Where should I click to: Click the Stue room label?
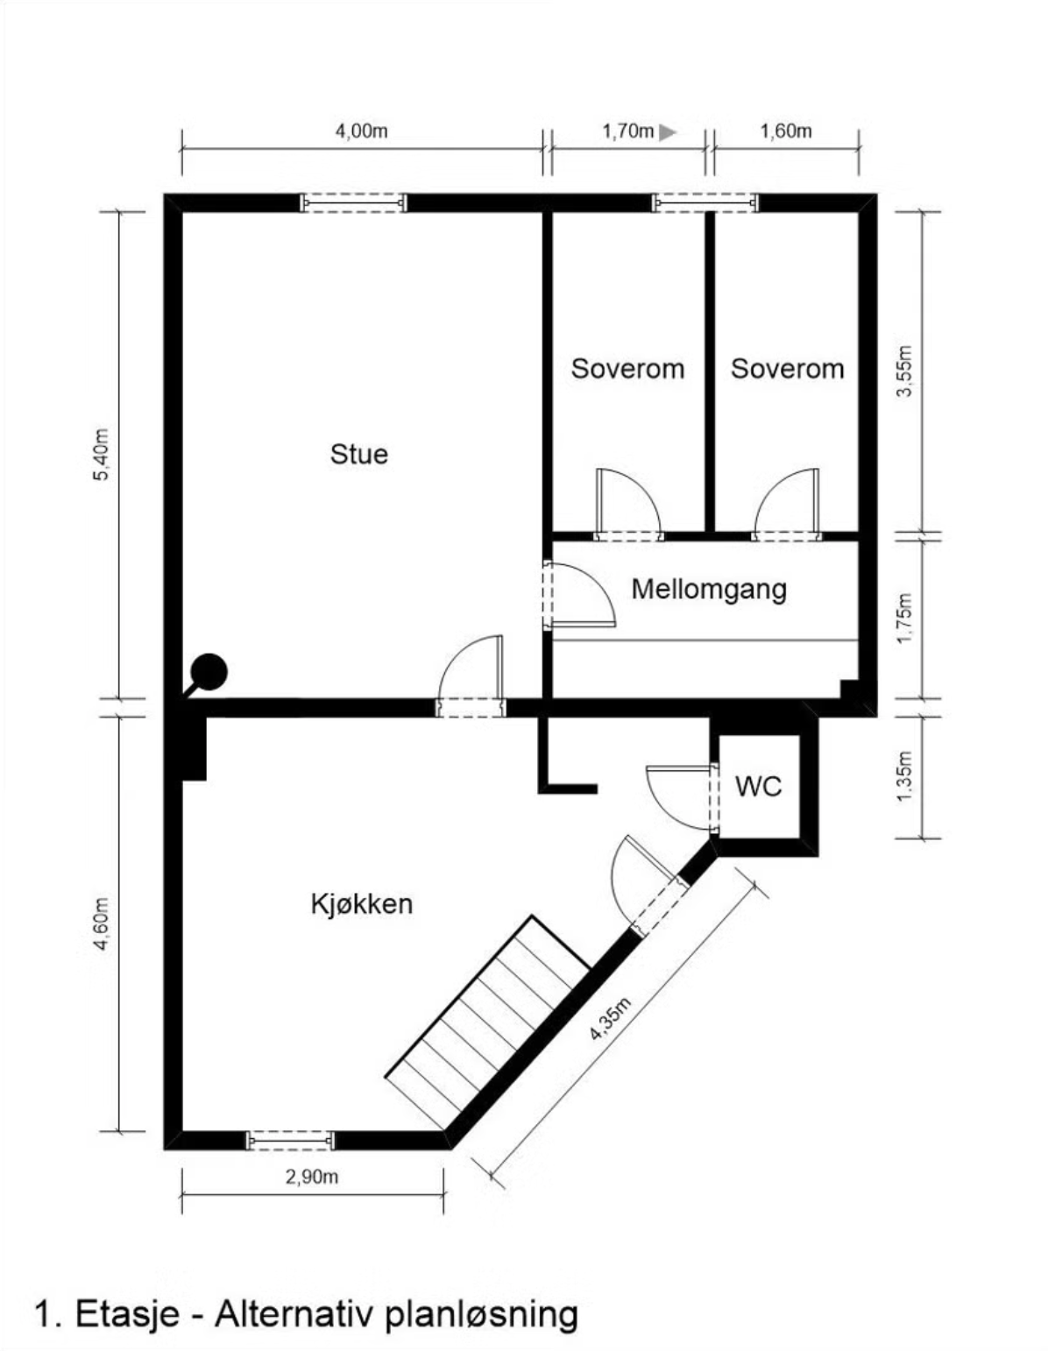click(x=358, y=454)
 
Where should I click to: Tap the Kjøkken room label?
click(x=361, y=903)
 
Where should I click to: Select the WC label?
click(x=758, y=786)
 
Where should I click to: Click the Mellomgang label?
click(x=709, y=589)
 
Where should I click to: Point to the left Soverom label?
click(x=627, y=369)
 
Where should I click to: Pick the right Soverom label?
click(x=787, y=369)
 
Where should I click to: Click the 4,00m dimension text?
click(x=361, y=131)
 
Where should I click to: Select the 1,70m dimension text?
click(x=627, y=131)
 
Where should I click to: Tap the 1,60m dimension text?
click(x=785, y=131)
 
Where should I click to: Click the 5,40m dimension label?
click(x=102, y=454)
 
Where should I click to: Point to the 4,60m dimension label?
click(x=102, y=923)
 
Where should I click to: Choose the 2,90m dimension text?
click(x=311, y=1177)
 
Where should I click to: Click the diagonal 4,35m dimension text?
click(x=611, y=1019)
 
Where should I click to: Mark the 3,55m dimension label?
click(x=905, y=371)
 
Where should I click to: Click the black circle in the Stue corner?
click(x=209, y=672)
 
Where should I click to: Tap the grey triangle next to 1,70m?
click(x=668, y=132)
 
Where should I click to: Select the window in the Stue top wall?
click(x=353, y=203)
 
